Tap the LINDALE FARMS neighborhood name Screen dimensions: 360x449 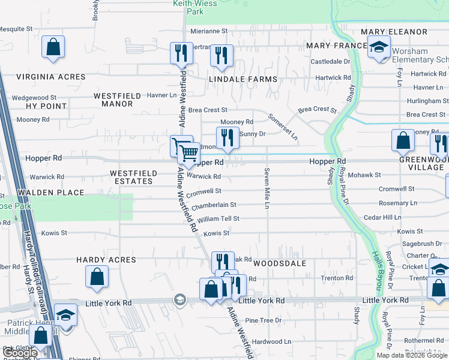click(x=243, y=79)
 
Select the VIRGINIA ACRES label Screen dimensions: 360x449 click(x=50, y=77)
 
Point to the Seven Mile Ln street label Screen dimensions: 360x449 click(x=265, y=188)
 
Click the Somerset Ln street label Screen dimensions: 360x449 click(x=283, y=126)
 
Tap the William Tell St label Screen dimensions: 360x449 click(x=218, y=219)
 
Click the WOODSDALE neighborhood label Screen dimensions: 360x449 click(x=280, y=263)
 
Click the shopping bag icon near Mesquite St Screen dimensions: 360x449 click(x=53, y=47)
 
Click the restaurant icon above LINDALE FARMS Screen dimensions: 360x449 click(x=221, y=56)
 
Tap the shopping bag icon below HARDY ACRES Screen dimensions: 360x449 click(x=97, y=277)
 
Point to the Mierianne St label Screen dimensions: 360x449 click(x=209, y=31)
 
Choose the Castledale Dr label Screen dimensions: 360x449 click(x=330, y=62)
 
